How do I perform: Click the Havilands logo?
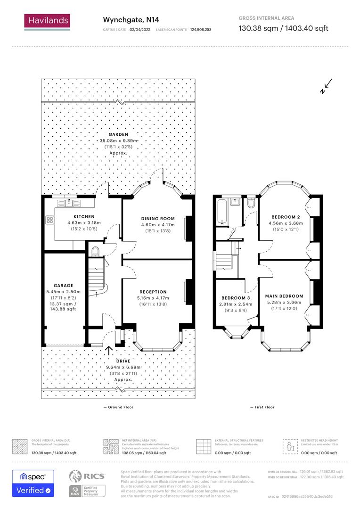point(47,22)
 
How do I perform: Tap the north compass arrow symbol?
point(326,87)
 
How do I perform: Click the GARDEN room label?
point(118,134)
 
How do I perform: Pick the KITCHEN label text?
point(77,216)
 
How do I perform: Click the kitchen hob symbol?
point(49,220)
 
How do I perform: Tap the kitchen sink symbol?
point(70,203)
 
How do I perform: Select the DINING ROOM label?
point(158,219)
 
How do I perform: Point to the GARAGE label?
point(63,286)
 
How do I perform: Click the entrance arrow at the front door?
point(109,350)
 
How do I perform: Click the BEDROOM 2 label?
point(286,217)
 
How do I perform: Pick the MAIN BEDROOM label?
point(285,296)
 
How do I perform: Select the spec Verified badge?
point(33,483)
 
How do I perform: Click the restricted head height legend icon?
point(288,445)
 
